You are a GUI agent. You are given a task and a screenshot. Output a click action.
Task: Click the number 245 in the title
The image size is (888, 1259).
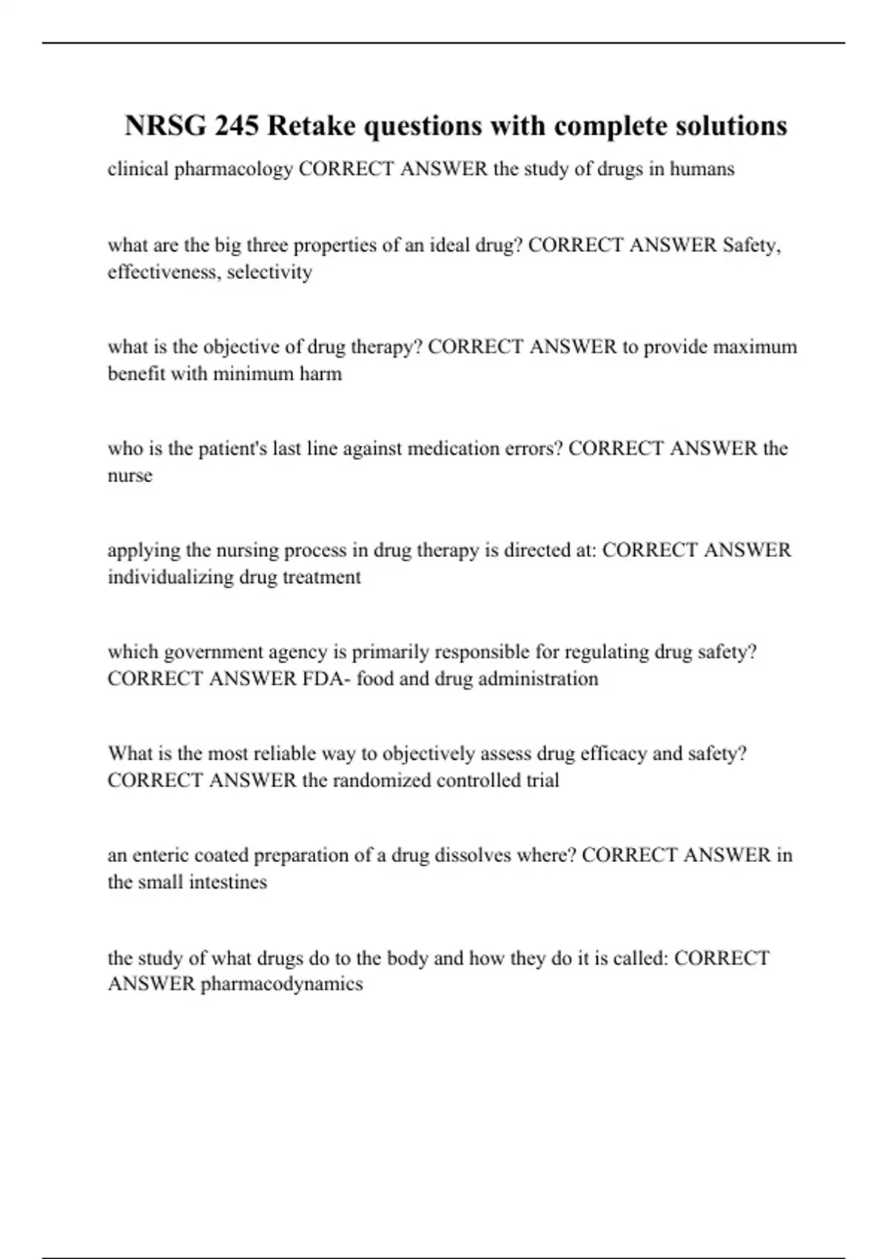coord(237,126)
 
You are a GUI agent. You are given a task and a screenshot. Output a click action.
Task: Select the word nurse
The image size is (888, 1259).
coord(130,475)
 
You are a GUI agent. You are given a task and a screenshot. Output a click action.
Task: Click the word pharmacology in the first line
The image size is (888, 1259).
coord(234,169)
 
